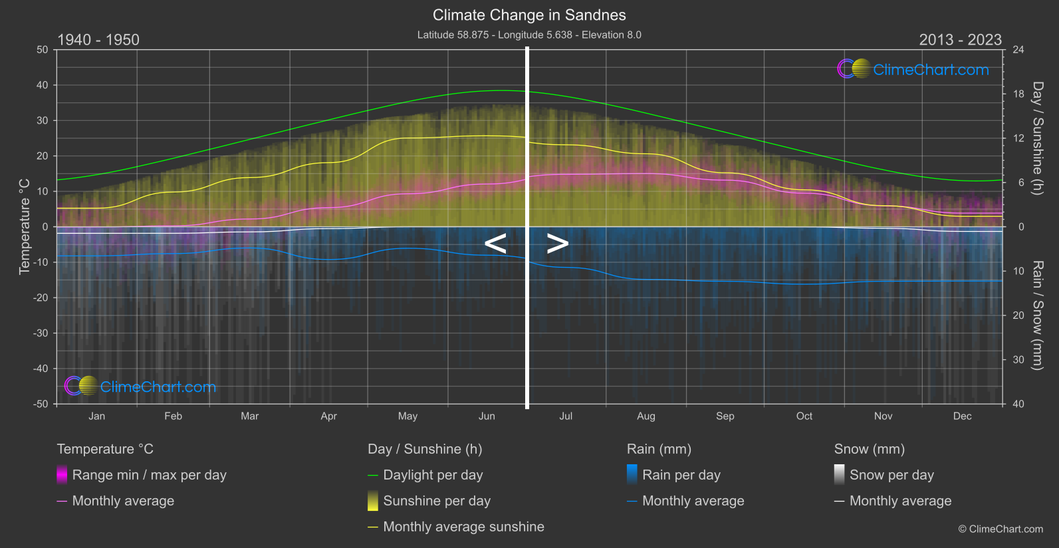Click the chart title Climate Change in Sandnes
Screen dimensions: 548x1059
click(x=529, y=15)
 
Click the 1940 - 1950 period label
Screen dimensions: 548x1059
click(x=98, y=40)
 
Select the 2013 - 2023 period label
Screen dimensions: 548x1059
click(x=960, y=40)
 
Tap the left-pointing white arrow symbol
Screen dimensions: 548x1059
click(x=495, y=244)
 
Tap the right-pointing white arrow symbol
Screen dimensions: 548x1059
click(x=557, y=244)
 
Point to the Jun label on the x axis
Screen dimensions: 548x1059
click(x=487, y=416)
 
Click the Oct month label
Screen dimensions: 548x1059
click(x=804, y=416)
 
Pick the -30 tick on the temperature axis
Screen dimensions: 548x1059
click(x=41, y=333)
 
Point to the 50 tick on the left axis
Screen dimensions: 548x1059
click(x=43, y=50)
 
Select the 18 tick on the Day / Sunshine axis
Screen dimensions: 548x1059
click(x=1018, y=94)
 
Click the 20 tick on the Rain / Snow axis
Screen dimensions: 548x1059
click(x=1018, y=316)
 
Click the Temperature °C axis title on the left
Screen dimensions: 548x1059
click(x=25, y=227)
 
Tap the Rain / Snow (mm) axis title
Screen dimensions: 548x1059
click(x=1037, y=316)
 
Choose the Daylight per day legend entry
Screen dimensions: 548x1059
click(x=433, y=475)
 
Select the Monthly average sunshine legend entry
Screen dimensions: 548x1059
click(x=463, y=527)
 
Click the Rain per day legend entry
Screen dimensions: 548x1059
click(x=681, y=475)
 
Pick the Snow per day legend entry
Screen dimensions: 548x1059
click(x=891, y=475)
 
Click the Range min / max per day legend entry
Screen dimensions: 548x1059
click(x=149, y=475)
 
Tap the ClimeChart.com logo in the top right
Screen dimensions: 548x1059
click(x=913, y=69)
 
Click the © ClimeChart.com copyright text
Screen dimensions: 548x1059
click(x=1000, y=529)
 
